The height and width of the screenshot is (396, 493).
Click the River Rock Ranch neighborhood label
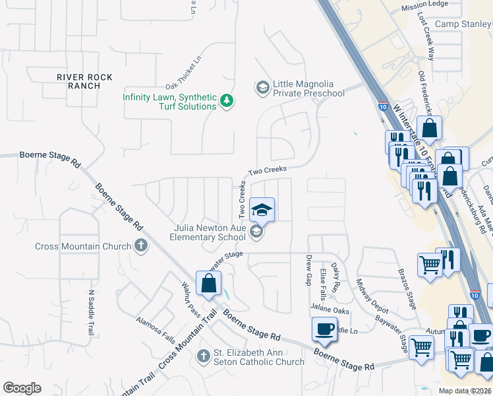pyautogui.click(x=84, y=82)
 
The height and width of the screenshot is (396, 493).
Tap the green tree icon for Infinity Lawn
pyautogui.click(x=227, y=101)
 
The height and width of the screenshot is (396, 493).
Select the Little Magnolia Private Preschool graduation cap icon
pyautogui.click(x=262, y=88)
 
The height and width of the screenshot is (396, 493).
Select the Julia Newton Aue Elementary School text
pyautogui.click(x=208, y=232)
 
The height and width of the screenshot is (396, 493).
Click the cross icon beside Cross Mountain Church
pyautogui.click(x=140, y=246)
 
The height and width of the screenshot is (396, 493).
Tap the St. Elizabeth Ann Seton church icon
pyautogui.click(x=203, y=356)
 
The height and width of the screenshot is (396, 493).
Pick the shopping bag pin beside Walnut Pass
pyautogui.click(x=208, y=284)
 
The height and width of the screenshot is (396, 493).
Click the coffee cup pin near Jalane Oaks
pyautogui.click(x=324, y=329)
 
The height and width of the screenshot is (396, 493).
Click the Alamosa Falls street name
pyautogui.click(x=156, y=330)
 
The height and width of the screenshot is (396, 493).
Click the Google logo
pyautogui.click(x=22, y=388)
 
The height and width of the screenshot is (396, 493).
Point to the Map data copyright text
pyautogui.click(x=465, y=391)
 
